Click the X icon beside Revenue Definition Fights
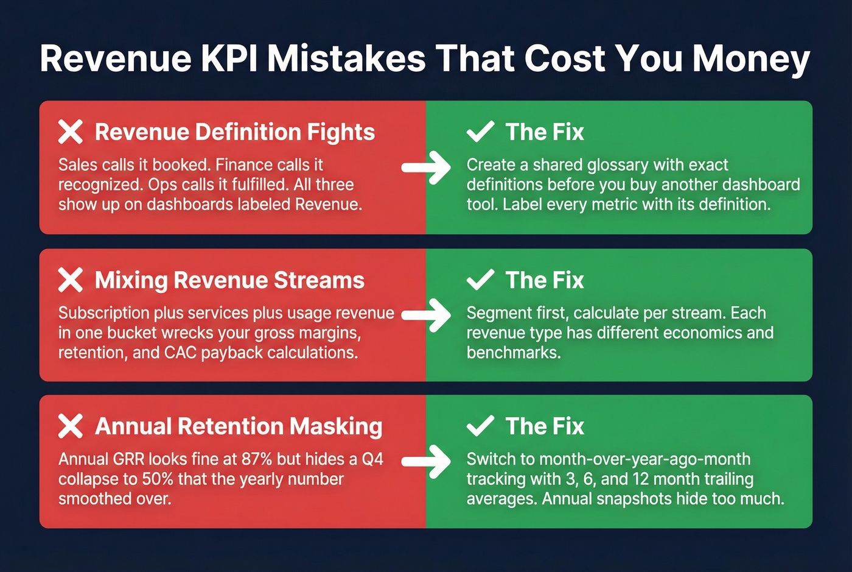click(x=71, y=132)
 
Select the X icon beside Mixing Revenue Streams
click(x=71, y=280)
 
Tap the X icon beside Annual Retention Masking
click(x=71, y=426)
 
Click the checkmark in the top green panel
click(x=480, y=132)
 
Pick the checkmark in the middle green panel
click(x=480, y=280)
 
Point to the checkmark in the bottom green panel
click(x=480, y=426)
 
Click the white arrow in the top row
click(x=427, y=167)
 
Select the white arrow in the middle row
click(x=427, y=314)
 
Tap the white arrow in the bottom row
click(x=427, y=461)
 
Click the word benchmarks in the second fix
click(x=513, y=353)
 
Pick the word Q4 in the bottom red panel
click(x=372, y=459)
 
